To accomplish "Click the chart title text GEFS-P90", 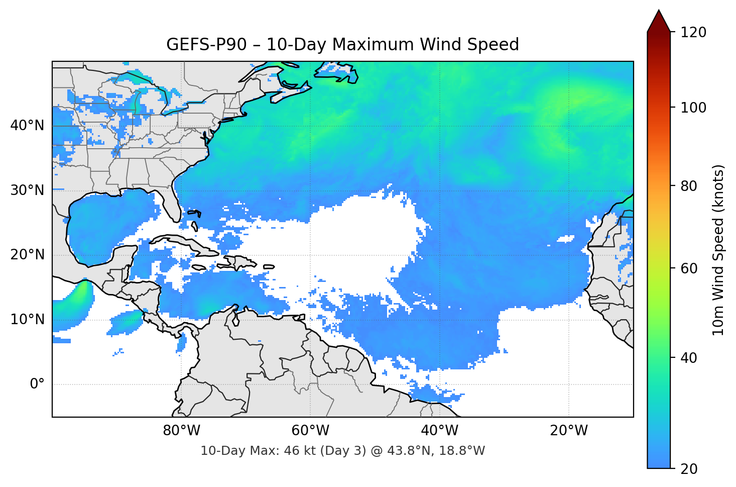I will [x=206, y=45].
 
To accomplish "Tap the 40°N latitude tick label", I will [x=27, y=125].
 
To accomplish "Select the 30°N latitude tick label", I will [x=27, y=190].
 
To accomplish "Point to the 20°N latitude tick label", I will [x=27, y=255].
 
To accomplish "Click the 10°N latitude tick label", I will [x=27, y=320].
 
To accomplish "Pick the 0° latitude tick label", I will [x=37, y=384].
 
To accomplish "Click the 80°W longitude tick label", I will [x=181, y=431].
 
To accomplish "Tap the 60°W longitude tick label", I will [x=310, y=431].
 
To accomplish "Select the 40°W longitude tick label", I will [x=439, y=431].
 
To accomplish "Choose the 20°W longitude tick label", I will [x=568, y=431].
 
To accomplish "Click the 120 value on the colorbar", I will [x=693, y=32].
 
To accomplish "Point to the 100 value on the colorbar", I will [x=693, y=108].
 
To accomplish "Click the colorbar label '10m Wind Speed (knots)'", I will [x=718, y=250].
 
